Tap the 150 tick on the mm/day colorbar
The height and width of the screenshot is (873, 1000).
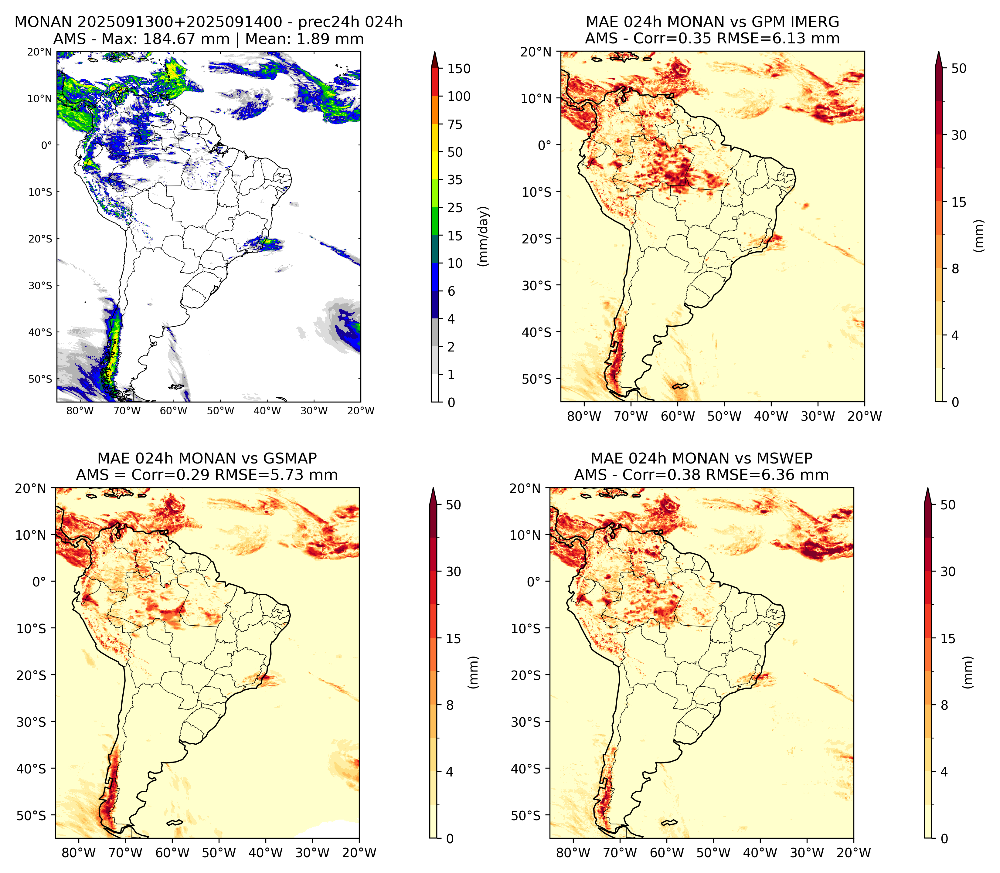click(x=459, y=69)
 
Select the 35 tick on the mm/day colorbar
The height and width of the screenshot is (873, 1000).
click(x=455, y=180)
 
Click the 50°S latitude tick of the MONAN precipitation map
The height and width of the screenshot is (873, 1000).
click(x=40, y=379)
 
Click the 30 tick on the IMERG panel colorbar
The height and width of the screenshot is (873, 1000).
click(x=959, y=135)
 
